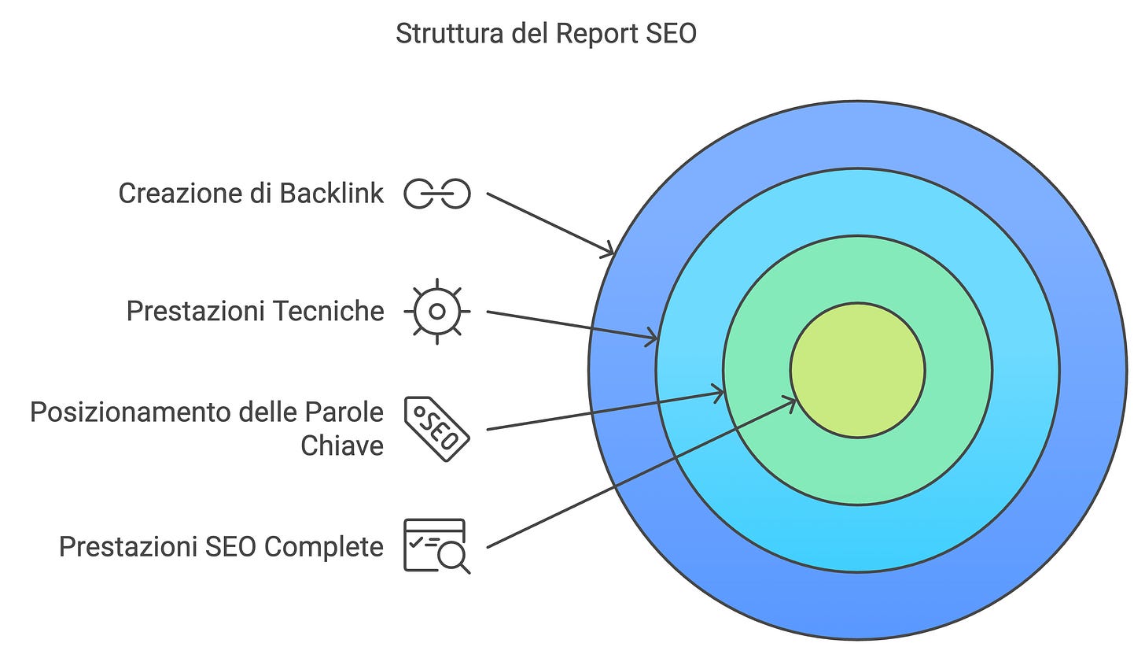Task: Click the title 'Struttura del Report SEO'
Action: (x=546, y=34)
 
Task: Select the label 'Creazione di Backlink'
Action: (x=251, y=194)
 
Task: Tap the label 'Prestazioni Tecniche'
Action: (x=255, y=312)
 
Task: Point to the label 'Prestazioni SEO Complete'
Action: (x=221, y=546)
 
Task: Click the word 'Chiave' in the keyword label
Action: (x=342, y=446)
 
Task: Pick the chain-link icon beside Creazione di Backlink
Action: (x=437, y=194)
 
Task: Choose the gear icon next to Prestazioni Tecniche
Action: (x=437, y=312)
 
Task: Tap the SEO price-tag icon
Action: (x=437, y=429)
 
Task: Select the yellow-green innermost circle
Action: (x=857, y=370)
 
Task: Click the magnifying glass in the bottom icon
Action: (x=454, y=558)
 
